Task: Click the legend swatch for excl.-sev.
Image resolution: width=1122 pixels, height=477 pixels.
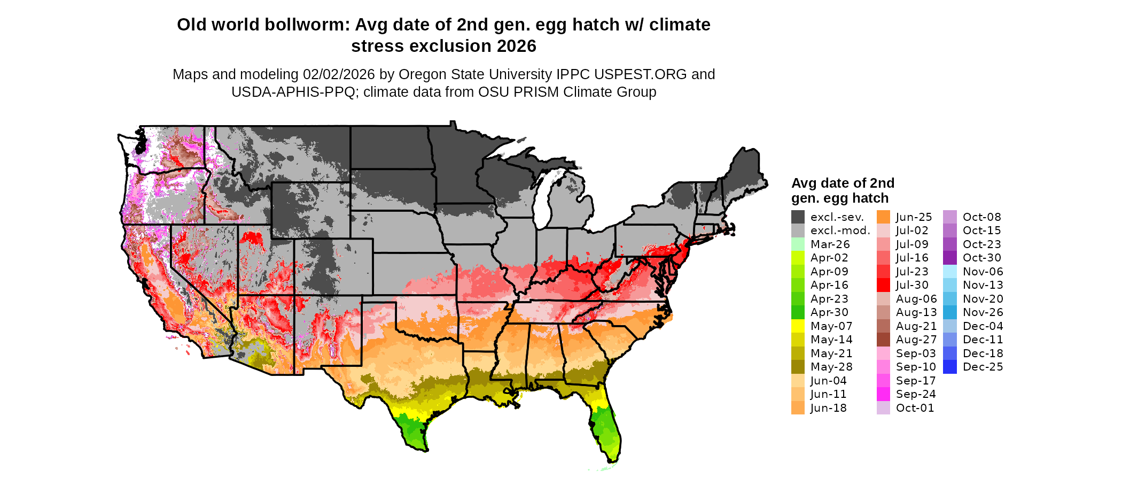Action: tap(798, 217)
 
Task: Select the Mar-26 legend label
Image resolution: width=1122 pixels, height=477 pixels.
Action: tap(830, 244)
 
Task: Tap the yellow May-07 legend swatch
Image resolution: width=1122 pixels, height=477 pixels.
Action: tap(798, 326)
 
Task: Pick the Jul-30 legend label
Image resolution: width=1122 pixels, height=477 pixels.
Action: tap(912, 285)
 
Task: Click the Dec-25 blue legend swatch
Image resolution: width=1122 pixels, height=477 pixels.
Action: tap(950, 367)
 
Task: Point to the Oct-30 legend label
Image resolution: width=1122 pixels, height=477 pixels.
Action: tap(982, 258)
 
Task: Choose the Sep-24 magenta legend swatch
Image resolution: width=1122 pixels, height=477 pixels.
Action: tap(883, 394)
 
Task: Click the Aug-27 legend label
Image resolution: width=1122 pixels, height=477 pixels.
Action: tap(916, 340)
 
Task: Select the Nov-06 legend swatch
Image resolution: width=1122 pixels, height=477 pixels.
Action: tap(950, 272)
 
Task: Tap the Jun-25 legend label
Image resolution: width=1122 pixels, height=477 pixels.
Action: tap(914, 217)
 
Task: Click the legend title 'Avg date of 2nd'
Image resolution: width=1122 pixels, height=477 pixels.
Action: tap(843, 183)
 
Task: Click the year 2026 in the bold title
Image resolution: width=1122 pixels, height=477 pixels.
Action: tap(516, 47)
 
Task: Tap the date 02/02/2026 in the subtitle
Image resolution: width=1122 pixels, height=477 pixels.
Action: tap(339, 74)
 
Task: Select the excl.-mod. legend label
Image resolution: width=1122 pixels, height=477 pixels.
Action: tap(840, 230)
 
